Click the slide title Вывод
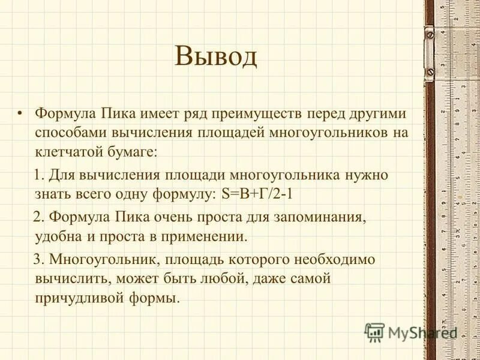(216, 57)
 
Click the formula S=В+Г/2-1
(268, 194)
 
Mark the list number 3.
(37, 259)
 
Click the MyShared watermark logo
(412, 332)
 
